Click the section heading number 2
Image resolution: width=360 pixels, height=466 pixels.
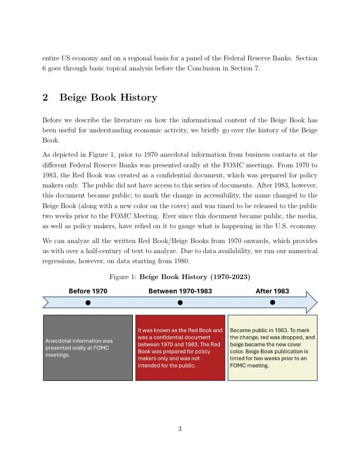click(46, 97)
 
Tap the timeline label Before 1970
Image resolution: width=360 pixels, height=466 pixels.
click(88, 291)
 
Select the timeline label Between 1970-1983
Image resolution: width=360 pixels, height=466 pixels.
click(180, 291)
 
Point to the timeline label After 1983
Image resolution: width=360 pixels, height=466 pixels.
click(272, 291)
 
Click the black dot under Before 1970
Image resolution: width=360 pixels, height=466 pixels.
click(88, 302)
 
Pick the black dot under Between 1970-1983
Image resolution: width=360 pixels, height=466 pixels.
click(180, 302)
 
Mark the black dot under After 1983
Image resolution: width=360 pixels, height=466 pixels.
click(273, 302)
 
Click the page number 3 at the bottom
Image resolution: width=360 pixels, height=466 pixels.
click(180, 429)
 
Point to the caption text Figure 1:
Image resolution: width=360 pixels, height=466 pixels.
click(123, 277)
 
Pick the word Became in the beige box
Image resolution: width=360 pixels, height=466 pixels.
click(240, 330)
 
